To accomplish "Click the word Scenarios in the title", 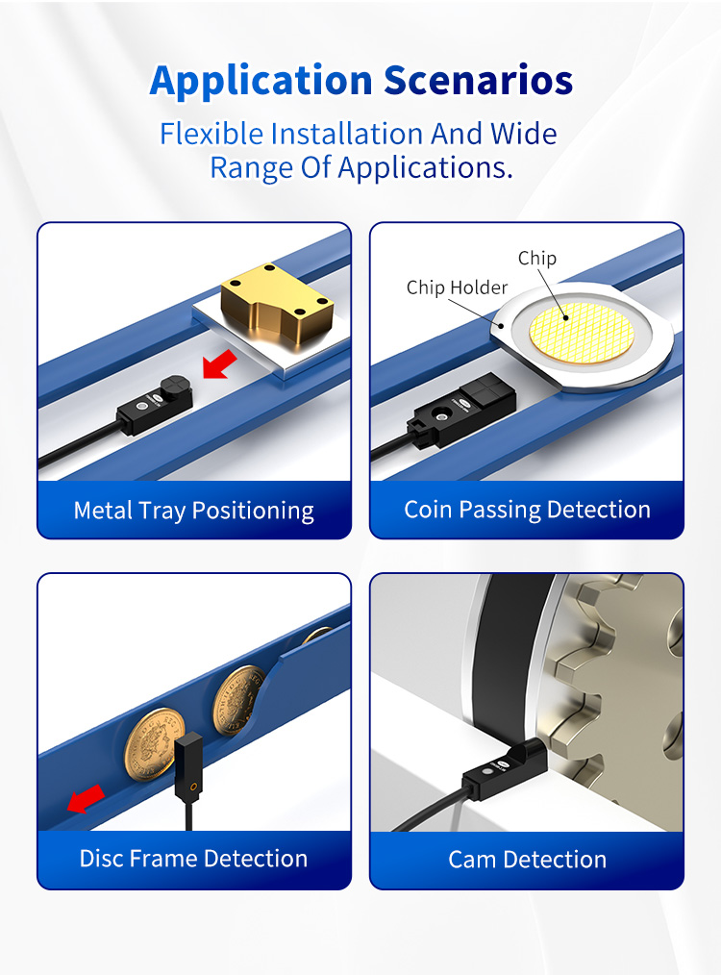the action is tap(478, 81).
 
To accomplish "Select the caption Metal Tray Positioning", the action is tap(194, 511).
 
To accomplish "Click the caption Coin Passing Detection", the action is tap(527, 510).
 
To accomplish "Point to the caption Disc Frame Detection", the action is tap(194, 859).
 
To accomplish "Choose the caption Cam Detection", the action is tap(527, 860).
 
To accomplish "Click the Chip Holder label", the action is tap(457, 287).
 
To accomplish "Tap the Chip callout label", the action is tap(537, 258).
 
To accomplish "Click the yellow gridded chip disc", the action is tap(582, 334).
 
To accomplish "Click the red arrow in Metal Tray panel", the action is tap(220, 363).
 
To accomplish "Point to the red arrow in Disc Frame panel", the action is tap(86, 798).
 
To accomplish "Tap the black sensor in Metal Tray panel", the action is tap(156, 403).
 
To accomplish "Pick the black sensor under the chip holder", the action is tap(460, 411).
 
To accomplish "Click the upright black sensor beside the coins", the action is tap(188, 768).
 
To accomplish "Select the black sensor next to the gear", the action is tap(504, 766).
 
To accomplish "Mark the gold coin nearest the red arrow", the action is tap(154, 743).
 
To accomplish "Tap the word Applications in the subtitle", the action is tap(425, 168).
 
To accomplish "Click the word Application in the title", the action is tap(261, 81).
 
